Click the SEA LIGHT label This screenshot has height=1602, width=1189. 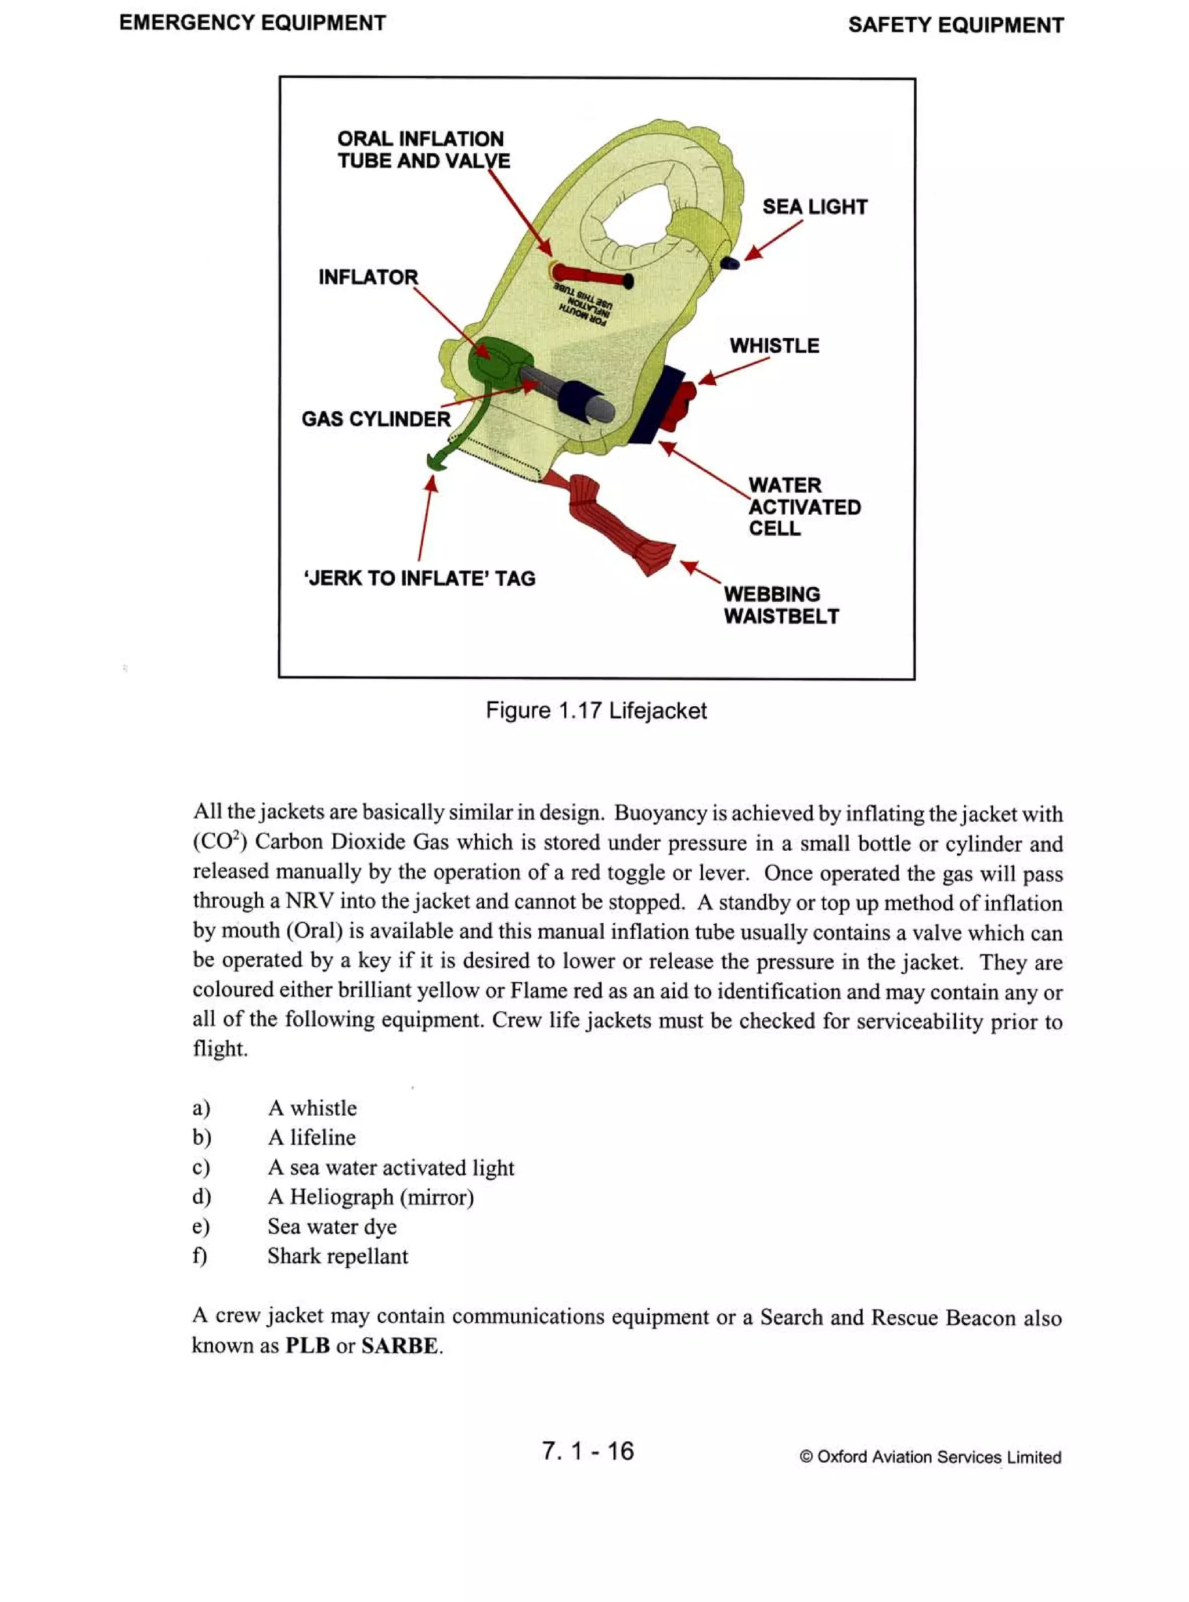pos(814,207)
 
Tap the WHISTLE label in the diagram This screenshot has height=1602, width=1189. pos(774,346)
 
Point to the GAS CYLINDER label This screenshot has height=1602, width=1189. pos(375,420)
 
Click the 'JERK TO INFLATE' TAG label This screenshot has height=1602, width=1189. pos(420,578)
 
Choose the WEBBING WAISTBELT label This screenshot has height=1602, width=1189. pos(781,605)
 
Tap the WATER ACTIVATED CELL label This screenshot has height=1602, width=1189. pos(804,507)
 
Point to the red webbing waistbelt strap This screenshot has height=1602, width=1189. pos(619,525)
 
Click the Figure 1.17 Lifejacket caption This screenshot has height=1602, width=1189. pos(595,711)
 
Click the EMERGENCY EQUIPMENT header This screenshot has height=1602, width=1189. pos(252,23)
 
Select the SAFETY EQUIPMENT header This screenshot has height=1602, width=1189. pos(955,25)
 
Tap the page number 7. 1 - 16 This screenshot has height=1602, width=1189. pos(588,1451)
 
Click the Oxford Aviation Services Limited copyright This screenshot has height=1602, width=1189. pos(930,1457)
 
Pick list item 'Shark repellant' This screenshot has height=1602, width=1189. pos(337,1256)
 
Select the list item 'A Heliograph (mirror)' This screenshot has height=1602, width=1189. pos(370,1197)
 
